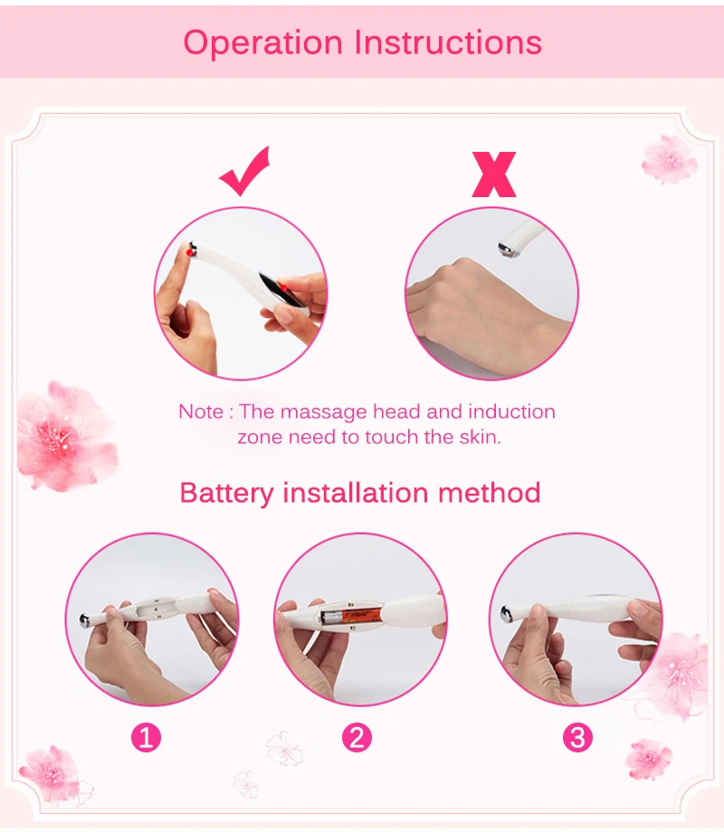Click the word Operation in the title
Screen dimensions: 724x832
tap(263, 43)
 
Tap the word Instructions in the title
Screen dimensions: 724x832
tap(448, 42)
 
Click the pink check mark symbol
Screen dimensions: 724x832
tap(245, 172)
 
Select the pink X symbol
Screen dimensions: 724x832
tap(494, 175)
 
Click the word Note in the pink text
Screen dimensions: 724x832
tap(201, 411)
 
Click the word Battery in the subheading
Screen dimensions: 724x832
tap(227, 494)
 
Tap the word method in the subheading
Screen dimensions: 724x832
tap(490, 492)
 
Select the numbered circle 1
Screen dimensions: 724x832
tap(146, 737)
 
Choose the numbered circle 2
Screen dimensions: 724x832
tap(357, 737)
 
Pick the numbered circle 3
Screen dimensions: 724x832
tap(577, 737)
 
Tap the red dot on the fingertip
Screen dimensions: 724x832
tap(190, 253)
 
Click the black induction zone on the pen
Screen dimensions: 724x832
tap(281, 289)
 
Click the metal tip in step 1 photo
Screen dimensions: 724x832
tap(84, 619)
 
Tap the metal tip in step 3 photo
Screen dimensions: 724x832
tap(507, 614)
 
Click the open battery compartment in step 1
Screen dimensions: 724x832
tap(155, 609)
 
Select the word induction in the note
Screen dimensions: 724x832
tap(511, 411)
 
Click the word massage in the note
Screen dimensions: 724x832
tap(323, 412)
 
